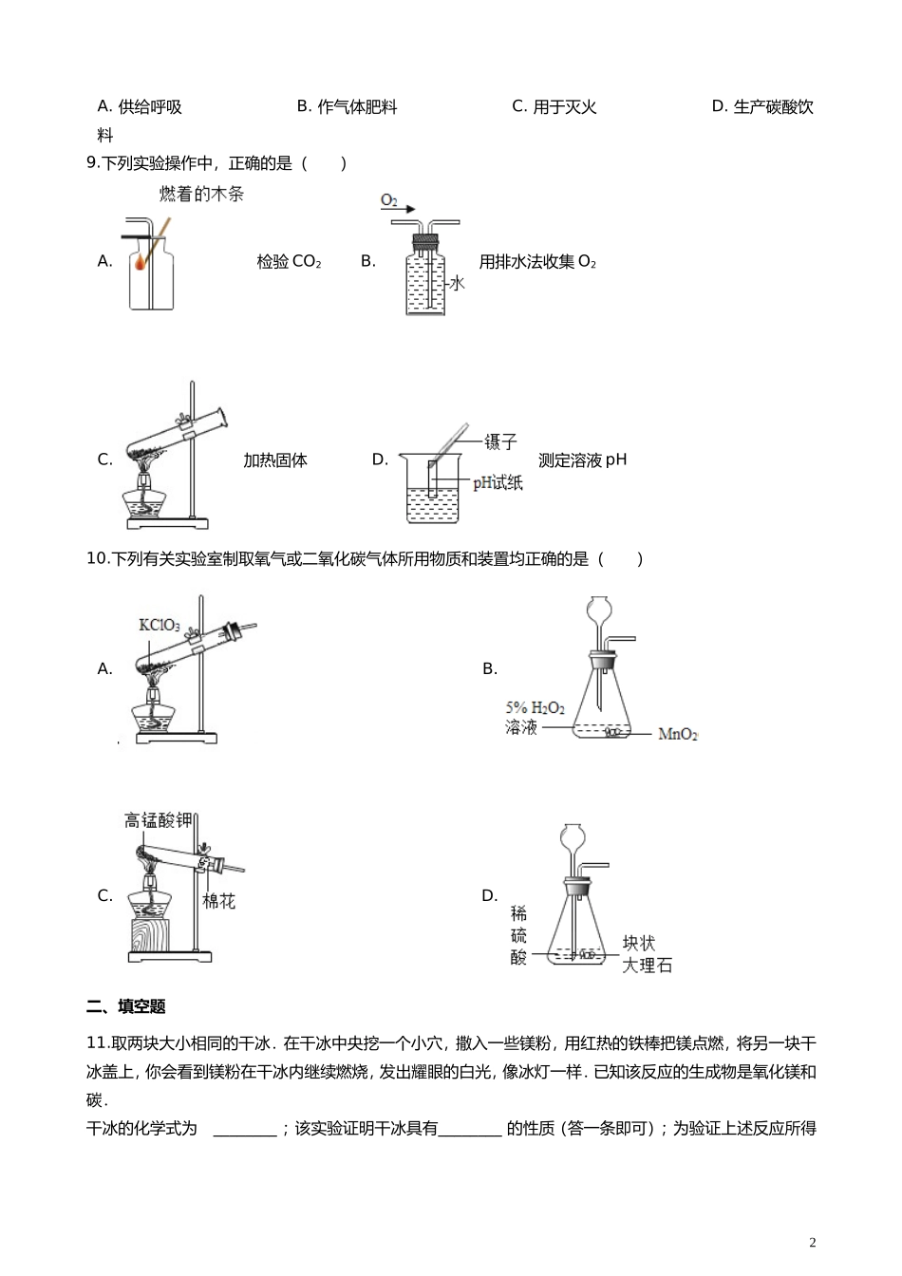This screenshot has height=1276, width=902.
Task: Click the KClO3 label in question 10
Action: (159, 625)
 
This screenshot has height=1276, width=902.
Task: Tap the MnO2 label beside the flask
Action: (678, 734)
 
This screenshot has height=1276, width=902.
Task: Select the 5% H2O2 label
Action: (535, 708)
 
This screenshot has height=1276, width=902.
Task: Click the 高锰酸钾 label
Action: (158, 820)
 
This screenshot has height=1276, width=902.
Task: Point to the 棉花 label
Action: (218, 901)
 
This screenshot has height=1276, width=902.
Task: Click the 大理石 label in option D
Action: (647, 966)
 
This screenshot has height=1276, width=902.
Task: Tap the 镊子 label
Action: (500, 441)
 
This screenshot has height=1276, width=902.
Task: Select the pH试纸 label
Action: (498, 483)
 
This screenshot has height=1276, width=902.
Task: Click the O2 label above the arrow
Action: (388, 200)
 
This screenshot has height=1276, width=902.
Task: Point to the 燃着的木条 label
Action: (201, 194)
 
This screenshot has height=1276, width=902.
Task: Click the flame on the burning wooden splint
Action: (141, 258)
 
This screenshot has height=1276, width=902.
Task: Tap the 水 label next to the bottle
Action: (457, 283)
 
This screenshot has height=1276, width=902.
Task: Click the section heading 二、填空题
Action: (126, 1006)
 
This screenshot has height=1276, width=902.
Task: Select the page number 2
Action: (812, 1243)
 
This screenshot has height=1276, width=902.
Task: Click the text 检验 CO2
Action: (289, 262)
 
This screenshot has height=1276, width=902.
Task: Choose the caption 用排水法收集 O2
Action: (537, 262)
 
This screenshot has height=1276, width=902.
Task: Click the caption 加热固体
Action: (275, 460)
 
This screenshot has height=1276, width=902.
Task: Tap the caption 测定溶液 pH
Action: (582, 460)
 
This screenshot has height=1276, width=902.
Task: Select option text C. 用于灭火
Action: (554, 107)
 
